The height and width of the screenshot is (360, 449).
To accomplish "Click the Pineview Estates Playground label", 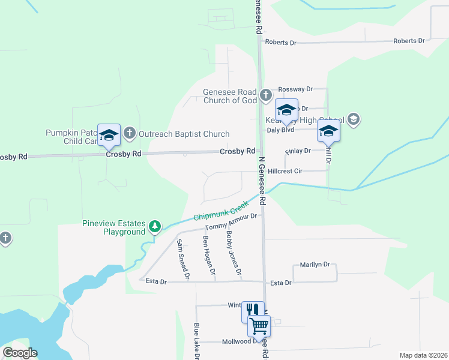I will tap(113, 227).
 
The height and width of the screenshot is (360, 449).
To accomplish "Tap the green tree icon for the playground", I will tap(155, 226).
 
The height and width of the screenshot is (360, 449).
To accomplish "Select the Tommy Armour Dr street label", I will tap(231, 221).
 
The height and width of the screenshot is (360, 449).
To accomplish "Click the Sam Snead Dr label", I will tap(182, 260).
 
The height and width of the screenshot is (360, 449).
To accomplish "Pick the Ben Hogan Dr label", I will tap(208, 256).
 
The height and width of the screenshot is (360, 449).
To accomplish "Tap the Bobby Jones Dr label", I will tap(234, 254).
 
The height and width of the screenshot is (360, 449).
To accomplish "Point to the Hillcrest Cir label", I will tap(285, 171).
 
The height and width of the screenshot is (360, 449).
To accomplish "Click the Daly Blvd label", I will tap(280, 130).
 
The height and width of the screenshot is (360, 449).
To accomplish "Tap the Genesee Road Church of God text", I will tap(230, 96).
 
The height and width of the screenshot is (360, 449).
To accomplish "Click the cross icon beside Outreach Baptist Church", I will tap(129, 133).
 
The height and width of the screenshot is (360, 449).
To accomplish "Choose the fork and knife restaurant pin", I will tap(252, 311).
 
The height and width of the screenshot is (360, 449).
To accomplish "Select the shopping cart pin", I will tap(259, 326).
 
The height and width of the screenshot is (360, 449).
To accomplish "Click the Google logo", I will tap(20, 353).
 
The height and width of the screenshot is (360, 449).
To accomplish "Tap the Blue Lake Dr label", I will tap(197, 341).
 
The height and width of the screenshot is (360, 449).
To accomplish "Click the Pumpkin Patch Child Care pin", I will tap(109, 135).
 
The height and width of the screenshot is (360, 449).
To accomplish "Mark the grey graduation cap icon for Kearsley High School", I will tap(354, 119).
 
